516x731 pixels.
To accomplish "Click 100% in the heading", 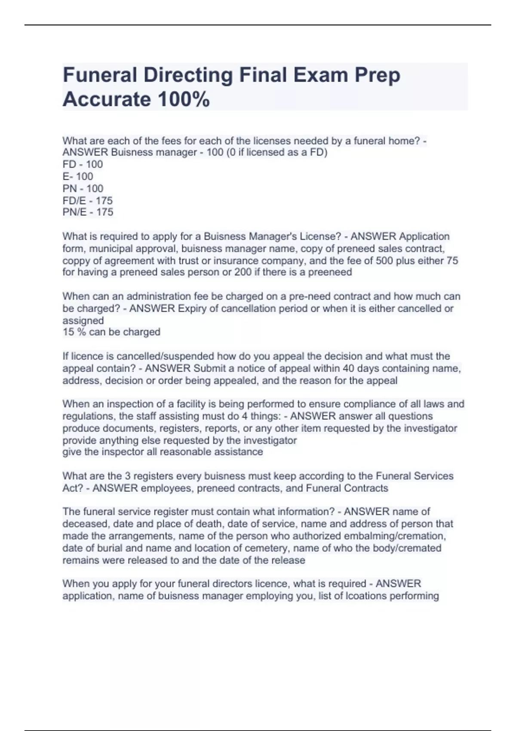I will tap(184, 99).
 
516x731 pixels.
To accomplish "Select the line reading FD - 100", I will tap(83, 164).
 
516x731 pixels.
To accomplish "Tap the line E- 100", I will tap(78, 176).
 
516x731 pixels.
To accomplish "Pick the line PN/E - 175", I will tap(88, 212).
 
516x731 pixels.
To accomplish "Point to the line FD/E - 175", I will tap(88, 200).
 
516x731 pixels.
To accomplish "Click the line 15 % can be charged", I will tap(111, 332).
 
